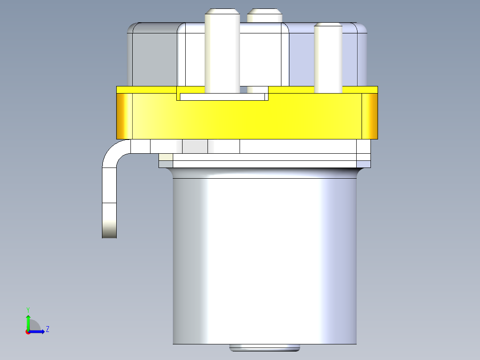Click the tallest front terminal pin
click(x=222, y=50)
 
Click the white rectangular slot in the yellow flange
click(x=222, y=97)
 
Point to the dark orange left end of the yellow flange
click(x=124, y=116)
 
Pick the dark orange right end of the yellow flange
click(x=370, y=116)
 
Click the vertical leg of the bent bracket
click(x=109, y=203)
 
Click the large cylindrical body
click(x=265, y=261)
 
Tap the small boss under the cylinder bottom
click(x=264, y=348)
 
